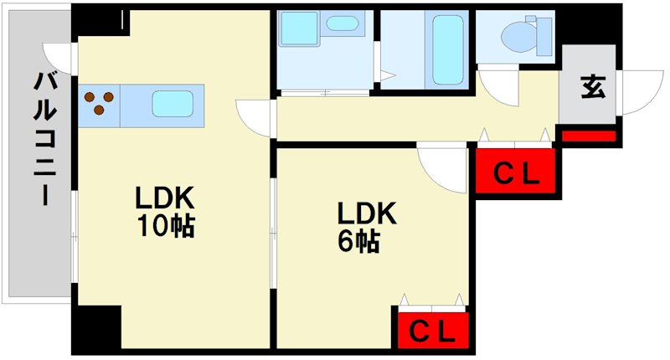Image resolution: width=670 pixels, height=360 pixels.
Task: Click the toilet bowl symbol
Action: tap(519, 37)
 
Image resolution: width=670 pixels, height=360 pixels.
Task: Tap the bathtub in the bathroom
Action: tap(447, 50)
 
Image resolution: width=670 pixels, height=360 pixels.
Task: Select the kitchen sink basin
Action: tap(173, 104)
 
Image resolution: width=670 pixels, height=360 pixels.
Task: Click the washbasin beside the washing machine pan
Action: tap(343, 23)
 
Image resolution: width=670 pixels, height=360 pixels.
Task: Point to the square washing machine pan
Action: tap(299, 28)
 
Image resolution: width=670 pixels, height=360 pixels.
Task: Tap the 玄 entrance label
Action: tap(593, 87)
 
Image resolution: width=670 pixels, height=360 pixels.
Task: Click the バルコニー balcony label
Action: tap(45, 139)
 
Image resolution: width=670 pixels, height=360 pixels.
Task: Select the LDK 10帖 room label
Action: tap(165, 211)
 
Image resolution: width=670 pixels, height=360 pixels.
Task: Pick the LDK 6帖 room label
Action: tap(367, 227)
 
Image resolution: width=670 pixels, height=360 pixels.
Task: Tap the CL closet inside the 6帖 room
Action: tap(433, 330)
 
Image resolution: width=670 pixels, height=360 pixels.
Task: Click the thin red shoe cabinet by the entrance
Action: tap(589, 136)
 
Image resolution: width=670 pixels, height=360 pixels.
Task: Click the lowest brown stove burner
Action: tap(99, 111)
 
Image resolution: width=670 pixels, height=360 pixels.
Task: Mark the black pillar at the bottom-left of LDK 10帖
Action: tap(96, 328)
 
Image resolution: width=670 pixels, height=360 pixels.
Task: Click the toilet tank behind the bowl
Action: tap(544, 36)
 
